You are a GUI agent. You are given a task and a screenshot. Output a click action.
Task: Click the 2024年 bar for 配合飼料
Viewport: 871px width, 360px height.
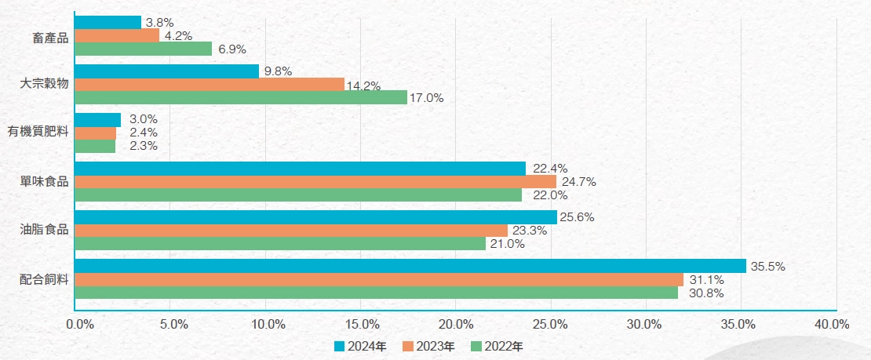click(410, 266)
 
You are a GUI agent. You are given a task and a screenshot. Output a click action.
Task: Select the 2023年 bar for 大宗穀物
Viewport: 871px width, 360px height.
click(210, 85)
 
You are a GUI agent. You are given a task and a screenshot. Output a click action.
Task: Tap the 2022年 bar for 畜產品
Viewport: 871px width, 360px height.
click(144, 49)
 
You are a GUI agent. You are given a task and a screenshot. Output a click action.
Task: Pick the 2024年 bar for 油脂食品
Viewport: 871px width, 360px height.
click(315, 217)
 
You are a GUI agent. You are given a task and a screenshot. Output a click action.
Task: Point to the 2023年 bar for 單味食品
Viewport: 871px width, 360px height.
click(315, 182)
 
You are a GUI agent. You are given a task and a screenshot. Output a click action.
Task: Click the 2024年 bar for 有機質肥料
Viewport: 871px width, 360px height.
click(98, 119)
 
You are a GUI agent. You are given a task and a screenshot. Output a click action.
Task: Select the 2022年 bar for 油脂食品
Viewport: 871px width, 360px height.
click(281, 244)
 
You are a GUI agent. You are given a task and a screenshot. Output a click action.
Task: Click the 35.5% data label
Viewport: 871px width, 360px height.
click(767, 267)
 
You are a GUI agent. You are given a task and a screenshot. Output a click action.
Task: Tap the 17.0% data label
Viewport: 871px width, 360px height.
click(427, 98)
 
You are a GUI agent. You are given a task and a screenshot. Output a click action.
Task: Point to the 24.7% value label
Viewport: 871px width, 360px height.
click(578, 182)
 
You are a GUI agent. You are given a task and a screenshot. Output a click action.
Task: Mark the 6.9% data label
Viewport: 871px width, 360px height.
click(232, 49)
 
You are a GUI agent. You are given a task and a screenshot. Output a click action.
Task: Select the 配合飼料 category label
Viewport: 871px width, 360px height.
click(44, 278)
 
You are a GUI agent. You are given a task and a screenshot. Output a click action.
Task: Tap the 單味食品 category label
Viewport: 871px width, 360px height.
click(44, 181)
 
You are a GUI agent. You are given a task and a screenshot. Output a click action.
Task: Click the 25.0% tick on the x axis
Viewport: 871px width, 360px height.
click(550, 324)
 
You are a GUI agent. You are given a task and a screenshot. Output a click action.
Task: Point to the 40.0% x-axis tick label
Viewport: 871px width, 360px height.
click(833, 324)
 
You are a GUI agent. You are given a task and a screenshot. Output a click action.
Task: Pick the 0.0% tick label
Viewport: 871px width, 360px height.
click(80, 324)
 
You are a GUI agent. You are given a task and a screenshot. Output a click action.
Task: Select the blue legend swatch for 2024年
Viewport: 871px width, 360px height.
click(339, 346)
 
